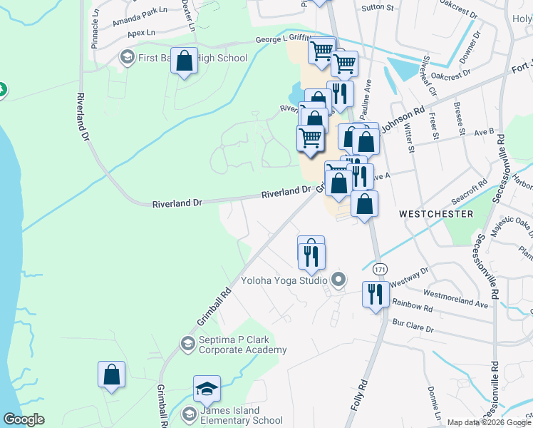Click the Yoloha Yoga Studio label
click(283, 280)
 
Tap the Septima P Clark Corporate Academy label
click(242, 345)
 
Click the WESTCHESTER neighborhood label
click(436, 214)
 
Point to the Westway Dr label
click(409, 274)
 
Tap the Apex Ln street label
click(141, 34)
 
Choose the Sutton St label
click(378, 7)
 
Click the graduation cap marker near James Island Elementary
click(207, 389)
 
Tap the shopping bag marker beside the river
click(112, 374)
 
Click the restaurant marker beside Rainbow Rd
click(376, 293)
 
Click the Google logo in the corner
click(24, 419)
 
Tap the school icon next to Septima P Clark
click(187, 345)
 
